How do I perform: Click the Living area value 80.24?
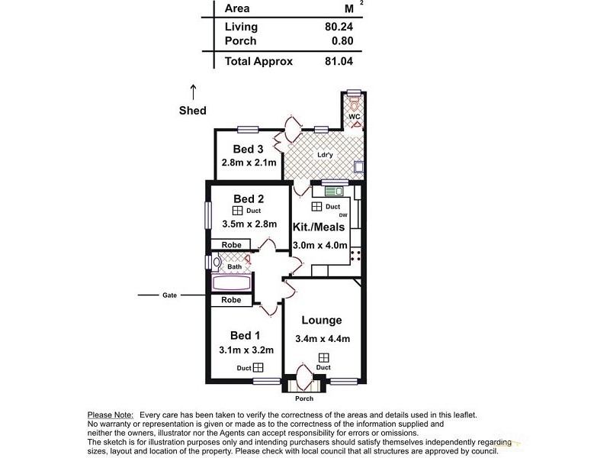[339, 27]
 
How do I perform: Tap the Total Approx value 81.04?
[339, 62]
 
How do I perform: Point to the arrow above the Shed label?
[193, 92]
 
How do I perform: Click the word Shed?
[193, 111]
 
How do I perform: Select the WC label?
[355, 117]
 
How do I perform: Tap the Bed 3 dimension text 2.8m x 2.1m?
[249, 163]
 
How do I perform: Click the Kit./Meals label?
[319, 227]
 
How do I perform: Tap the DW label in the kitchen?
[343, 215]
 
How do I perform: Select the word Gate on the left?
[169, 295]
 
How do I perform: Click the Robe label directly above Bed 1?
[231, 301]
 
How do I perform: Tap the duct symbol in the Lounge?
[324, 357]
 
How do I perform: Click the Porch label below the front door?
[304, 398]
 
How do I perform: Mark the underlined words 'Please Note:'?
[111, 414]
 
